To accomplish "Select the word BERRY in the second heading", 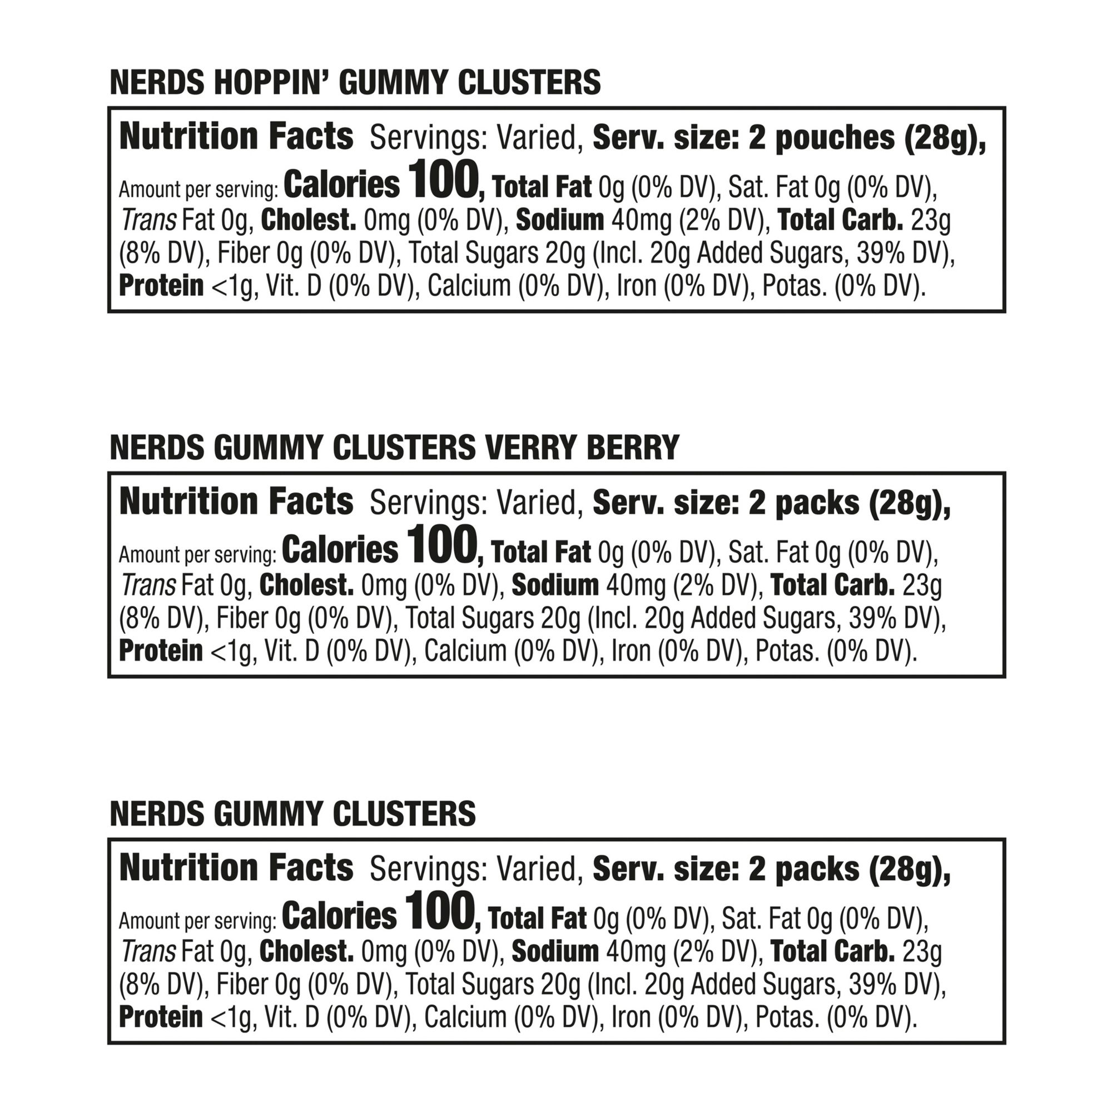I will coord(633,448).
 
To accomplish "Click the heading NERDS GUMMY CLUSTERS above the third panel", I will coord(292,813).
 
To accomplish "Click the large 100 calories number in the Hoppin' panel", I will coord(442,180).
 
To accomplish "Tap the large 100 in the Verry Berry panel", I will coord(441,545).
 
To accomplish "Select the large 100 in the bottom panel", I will coord(440,911).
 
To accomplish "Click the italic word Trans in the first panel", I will coord(148,220).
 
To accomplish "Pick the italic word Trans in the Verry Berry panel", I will coord(147,585).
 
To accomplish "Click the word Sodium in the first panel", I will coord(559,220).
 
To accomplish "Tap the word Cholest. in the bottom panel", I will coord(306,951).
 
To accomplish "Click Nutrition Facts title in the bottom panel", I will coord(236,867).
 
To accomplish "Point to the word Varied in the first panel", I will coord(536,138).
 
